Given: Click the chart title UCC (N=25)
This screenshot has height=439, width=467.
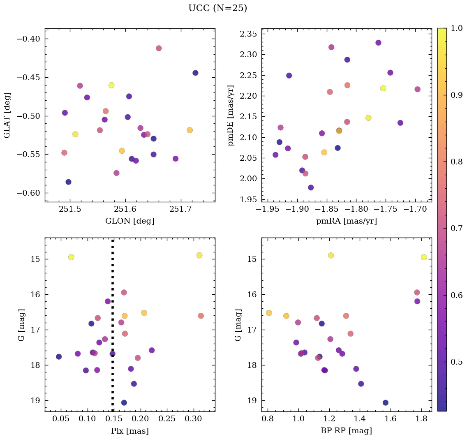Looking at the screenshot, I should coord(217,8).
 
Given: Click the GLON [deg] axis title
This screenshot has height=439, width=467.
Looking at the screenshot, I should coord(130,221).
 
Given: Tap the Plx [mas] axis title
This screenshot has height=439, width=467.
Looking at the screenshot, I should coord(130,431).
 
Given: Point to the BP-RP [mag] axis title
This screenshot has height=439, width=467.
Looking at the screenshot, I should coord(346,431).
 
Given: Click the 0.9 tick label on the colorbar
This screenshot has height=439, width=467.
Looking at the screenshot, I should coord(456,95).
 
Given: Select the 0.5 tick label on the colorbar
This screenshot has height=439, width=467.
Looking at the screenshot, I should coord(456,361).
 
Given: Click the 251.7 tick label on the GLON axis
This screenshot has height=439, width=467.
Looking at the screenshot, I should coord(181,210).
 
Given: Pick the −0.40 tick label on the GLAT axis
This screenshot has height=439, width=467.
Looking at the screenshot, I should coord(30,39).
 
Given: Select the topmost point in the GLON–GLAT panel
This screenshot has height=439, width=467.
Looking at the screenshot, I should coord(159,48).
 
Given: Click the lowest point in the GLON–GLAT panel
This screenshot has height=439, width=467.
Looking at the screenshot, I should coord(68,182).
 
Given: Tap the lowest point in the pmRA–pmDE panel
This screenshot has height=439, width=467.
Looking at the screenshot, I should coord(311,187).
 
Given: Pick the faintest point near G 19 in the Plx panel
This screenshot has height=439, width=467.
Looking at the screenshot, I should coord(124,402).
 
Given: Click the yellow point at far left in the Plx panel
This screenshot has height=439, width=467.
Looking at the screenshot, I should coord(71,257).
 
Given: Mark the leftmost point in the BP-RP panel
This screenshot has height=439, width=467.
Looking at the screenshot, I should coord(269,313).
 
